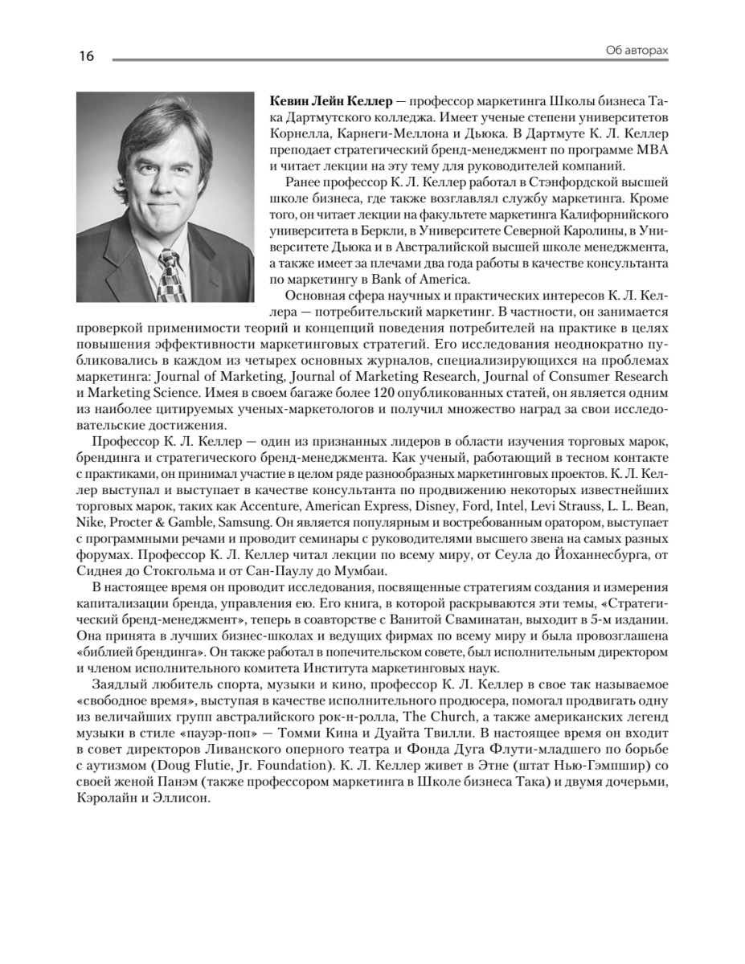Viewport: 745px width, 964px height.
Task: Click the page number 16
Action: pos(86,56)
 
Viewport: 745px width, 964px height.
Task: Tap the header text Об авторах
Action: pos(637,51)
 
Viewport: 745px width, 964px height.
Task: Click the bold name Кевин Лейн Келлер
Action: pos(326,103)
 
